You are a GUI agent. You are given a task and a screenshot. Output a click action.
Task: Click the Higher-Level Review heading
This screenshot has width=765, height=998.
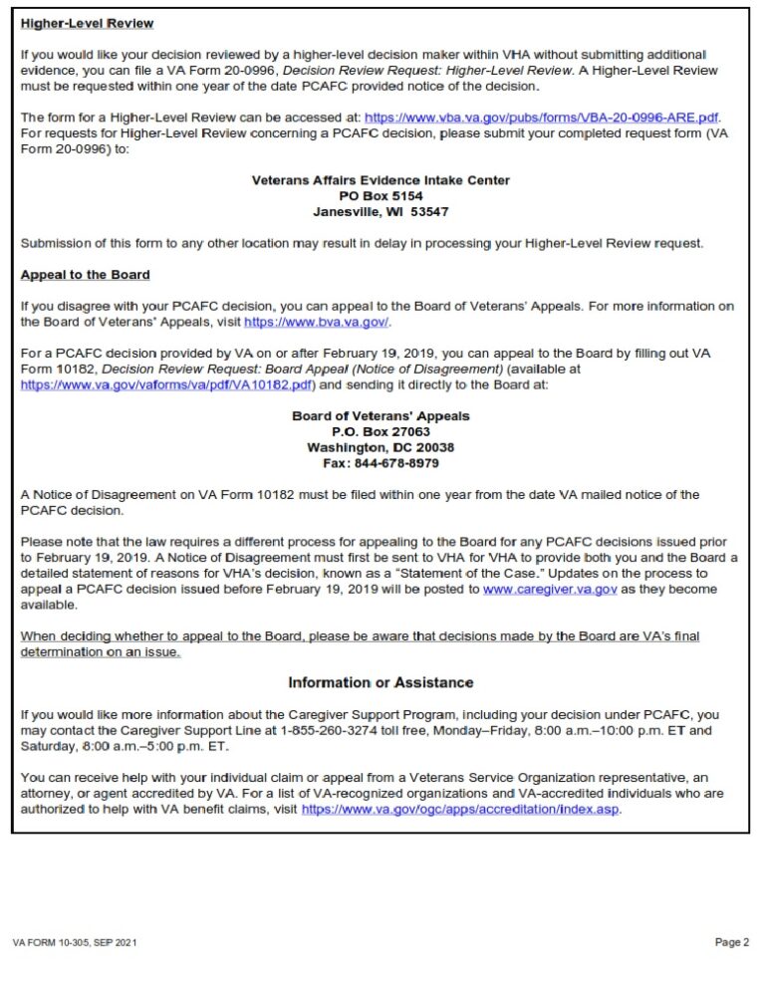tap(87, 23)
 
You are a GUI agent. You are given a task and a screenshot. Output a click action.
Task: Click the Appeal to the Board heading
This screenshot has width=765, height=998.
tap(85, 275)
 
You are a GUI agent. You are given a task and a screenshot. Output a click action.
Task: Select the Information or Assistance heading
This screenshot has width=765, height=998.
tap(381, 682)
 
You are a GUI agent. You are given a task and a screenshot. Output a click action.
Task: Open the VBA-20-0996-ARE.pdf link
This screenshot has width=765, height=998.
tap(542, 117)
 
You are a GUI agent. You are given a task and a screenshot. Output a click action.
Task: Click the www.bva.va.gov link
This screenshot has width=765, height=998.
tap(317, 323)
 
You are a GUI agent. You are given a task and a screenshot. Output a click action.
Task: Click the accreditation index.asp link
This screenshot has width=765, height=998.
tap(460, 811)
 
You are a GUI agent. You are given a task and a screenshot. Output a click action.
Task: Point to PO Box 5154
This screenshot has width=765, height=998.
tap(381, 196)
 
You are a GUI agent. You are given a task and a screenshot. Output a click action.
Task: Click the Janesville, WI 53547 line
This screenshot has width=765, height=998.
tap(381, 212)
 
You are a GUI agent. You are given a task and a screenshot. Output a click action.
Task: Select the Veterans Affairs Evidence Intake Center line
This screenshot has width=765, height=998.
tap(381, 180)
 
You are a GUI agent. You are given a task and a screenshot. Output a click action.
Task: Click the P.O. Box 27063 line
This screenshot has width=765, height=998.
tap(381, 432)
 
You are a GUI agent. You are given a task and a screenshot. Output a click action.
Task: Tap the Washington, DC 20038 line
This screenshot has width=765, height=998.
tap(381, 448)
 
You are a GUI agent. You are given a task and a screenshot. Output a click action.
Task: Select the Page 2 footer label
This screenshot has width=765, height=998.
tap(731, 942)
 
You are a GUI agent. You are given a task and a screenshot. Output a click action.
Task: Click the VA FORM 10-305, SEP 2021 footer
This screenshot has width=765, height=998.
tap(75, 942)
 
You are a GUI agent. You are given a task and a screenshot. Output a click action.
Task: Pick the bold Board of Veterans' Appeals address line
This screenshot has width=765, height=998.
tap(381, 416)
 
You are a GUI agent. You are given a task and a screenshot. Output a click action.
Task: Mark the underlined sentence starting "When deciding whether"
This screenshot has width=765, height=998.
tap(359, 636)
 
